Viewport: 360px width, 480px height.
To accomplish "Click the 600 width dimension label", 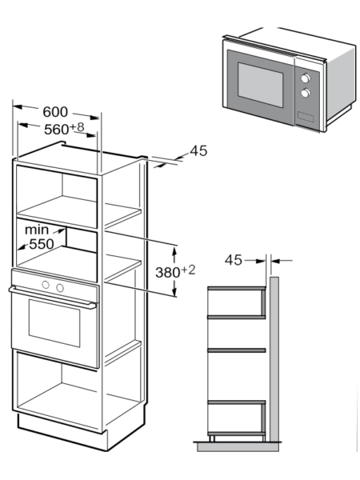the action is tap(55, 112).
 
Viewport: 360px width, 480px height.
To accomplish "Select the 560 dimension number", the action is tap(57, 130).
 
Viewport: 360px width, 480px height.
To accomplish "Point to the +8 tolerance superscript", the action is tap(77, 127).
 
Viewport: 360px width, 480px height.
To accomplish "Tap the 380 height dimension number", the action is tap(168, 273).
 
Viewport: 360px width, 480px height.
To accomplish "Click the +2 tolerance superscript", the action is tap(188, 270).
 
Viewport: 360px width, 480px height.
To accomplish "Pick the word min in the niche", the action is tap(37, 230).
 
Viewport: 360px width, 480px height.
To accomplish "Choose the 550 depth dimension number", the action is tap(42, 244).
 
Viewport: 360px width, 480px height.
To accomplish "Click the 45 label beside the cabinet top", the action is tap(198, 151).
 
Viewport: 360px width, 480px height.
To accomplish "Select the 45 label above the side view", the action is tap(234, 260).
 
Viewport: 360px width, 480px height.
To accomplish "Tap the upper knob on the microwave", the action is tap(306, 78).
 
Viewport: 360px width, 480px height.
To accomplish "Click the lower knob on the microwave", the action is tap(306, 93).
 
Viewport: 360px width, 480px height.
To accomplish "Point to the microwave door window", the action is tap(261, 85).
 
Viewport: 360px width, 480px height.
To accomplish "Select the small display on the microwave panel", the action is tap(306, 117).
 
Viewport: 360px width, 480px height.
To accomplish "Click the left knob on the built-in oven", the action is tap(46, 285).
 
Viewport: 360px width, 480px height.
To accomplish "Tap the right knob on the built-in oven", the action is tap(60, 288).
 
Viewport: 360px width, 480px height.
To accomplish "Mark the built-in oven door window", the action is tap(54, 323).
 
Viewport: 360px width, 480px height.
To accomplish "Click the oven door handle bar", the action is tap(53, 296).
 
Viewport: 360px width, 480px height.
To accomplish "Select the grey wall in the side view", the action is tap(274, 359).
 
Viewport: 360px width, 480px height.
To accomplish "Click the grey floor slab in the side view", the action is tap(238, 446).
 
